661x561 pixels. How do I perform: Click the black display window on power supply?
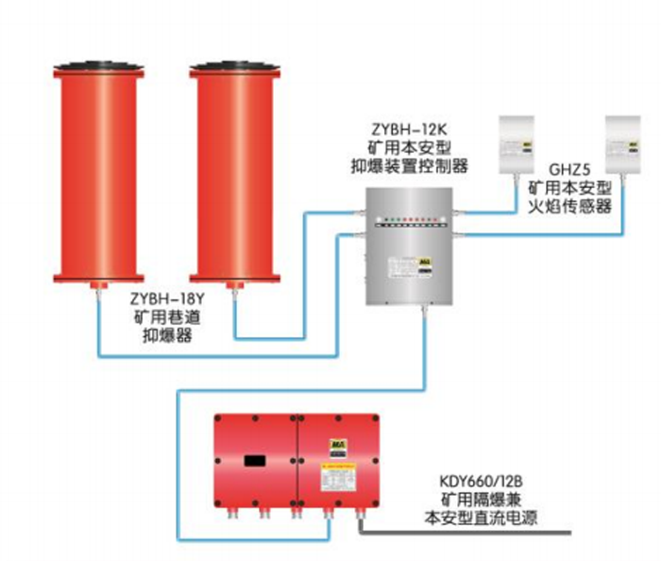255,461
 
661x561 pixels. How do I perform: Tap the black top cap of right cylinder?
235,67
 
